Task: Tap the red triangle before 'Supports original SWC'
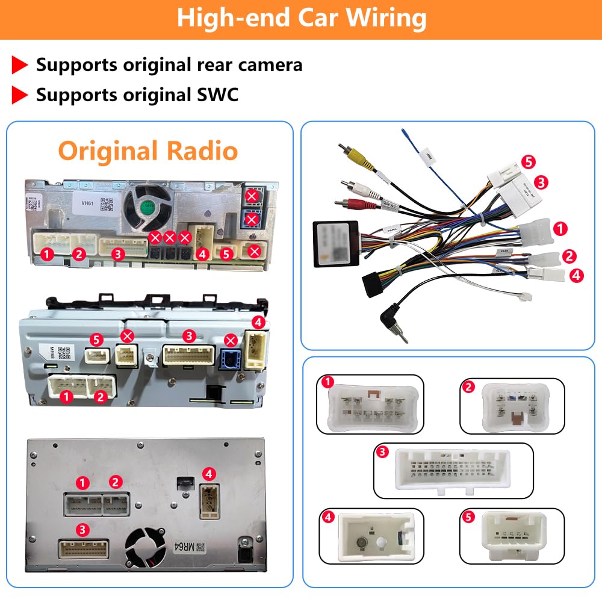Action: [x=20, y=95]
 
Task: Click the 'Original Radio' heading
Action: [x=148, y=150]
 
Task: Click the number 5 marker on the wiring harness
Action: [x=529, y=161]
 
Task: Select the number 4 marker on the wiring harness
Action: [x=576, y=275]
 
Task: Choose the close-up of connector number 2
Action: [x=513, y=405]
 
